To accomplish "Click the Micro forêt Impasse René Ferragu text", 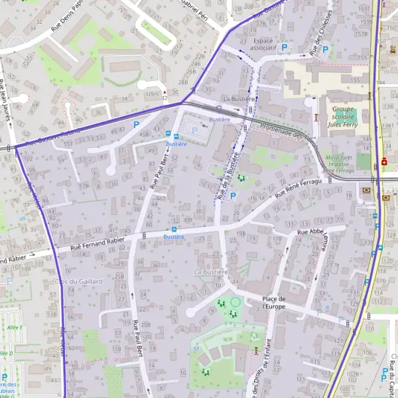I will [339, 164].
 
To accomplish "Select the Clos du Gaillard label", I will [83, 281].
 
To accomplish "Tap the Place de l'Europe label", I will [273, 302].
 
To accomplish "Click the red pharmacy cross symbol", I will [385, 161].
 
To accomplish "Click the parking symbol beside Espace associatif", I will [285, 48].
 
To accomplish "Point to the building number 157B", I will [362, 33].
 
